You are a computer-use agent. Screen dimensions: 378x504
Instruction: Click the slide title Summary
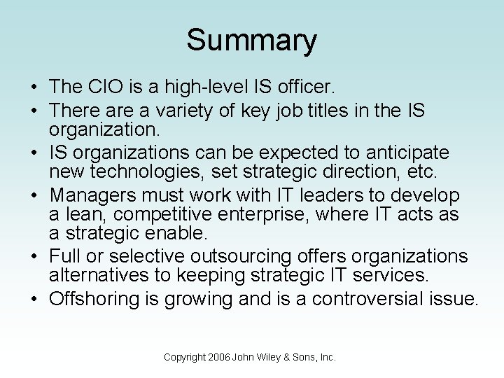tap(251, 41)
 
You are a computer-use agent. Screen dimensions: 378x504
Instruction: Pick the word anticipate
tap(403, 153)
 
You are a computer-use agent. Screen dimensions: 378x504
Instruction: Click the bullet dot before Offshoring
tap(34, 300)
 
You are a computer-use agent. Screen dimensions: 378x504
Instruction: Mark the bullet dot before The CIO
tap(34, 88)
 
